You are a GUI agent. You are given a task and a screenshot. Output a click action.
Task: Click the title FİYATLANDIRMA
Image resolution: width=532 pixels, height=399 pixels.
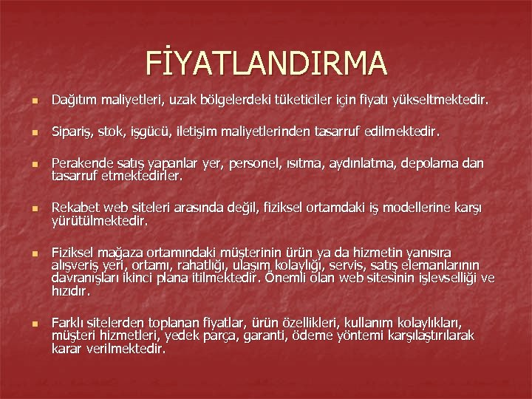pyautogui.click(x=266, y=63)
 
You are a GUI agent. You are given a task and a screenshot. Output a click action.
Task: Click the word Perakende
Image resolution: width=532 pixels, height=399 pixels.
pyautogui.click(x=81, y=167)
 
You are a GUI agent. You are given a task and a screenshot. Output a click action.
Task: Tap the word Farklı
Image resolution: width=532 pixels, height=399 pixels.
pyautogui.click(x=69, y=324)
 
